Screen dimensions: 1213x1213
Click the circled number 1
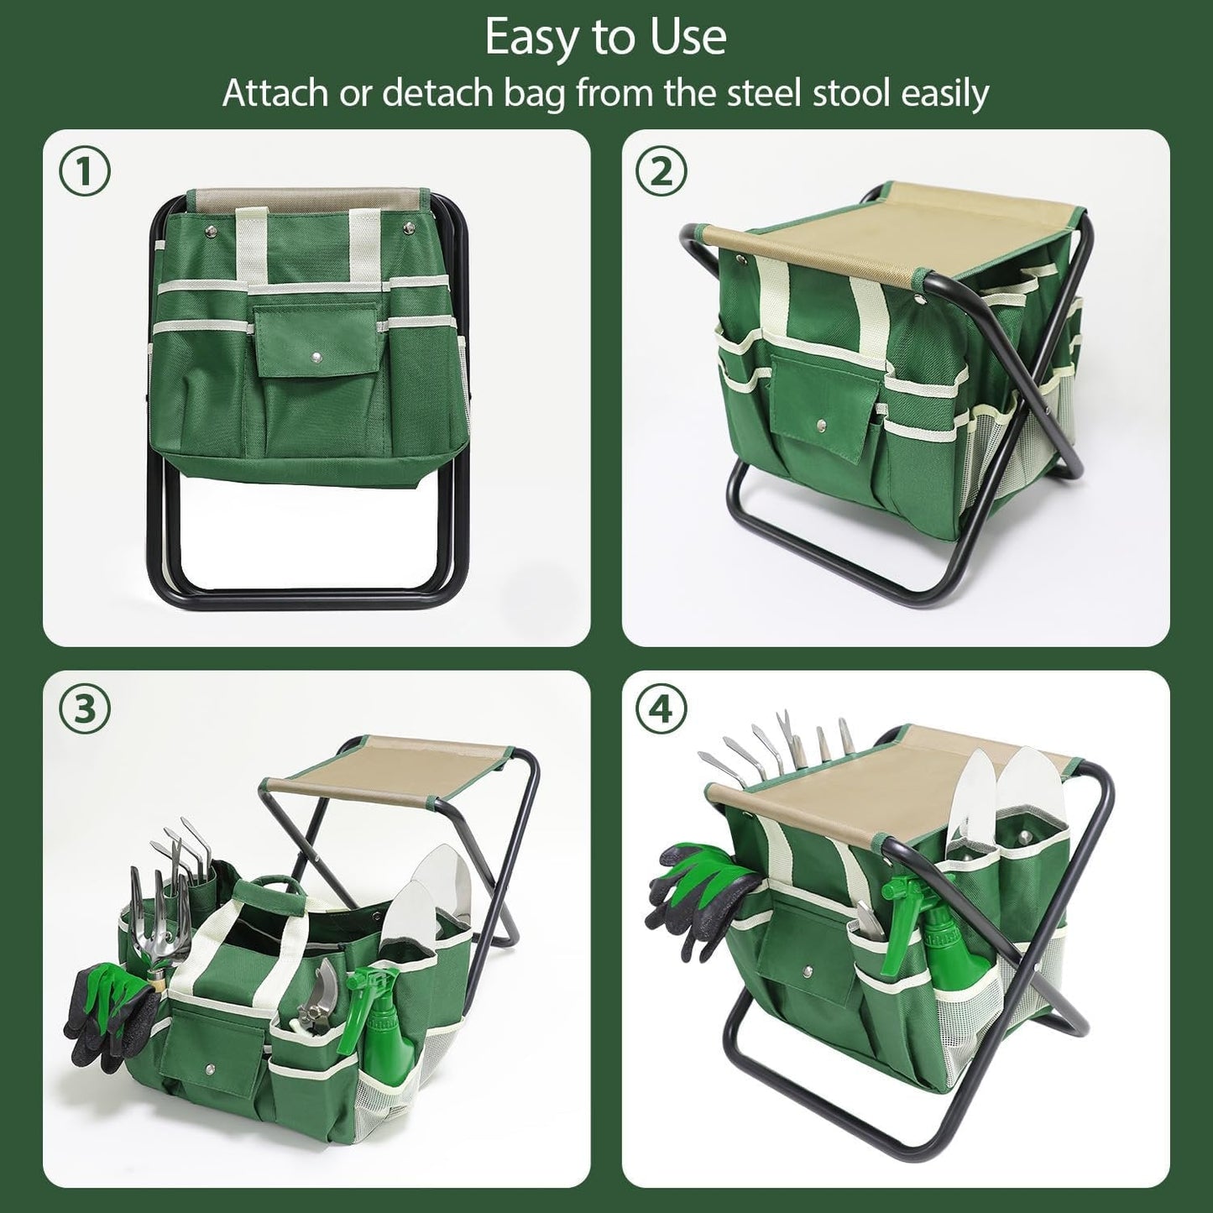pos(85,173)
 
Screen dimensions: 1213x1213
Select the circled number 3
pos(85,710)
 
